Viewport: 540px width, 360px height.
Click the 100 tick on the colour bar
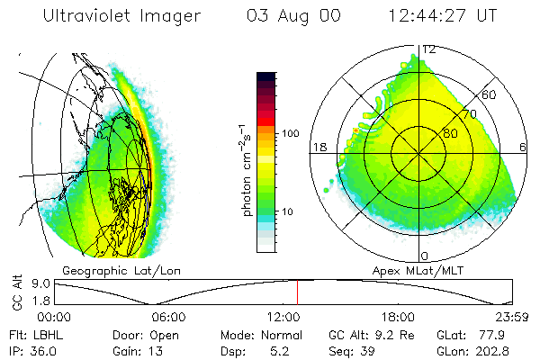pos(290,133)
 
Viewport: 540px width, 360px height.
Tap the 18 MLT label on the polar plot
pos(318,147)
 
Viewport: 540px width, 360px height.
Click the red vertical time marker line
pos(298,292)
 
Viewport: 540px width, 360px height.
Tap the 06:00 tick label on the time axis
pos(168,317)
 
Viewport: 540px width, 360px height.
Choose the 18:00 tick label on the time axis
pos(397,317)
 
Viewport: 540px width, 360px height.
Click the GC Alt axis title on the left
pos(16,292)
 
